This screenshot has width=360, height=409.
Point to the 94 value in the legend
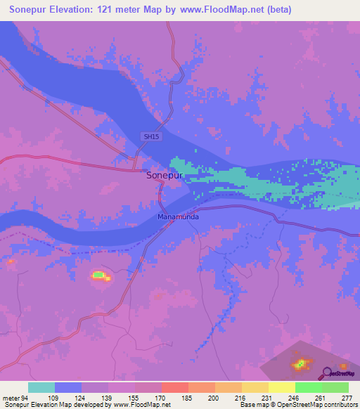coord(25,398)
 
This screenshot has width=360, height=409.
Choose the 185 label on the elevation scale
coord(188,398)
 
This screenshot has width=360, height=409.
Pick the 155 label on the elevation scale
coord(134,398)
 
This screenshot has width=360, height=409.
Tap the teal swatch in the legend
coord(41,387)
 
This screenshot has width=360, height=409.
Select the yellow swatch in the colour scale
coord(282,387)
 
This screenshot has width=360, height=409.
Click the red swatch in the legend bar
coord(175,387)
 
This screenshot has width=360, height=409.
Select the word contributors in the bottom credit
coord(340,405)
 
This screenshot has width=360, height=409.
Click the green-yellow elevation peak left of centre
coord(99,275)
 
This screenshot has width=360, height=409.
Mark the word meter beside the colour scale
coord(10,398)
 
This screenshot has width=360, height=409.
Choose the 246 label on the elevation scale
coord(295,398)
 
